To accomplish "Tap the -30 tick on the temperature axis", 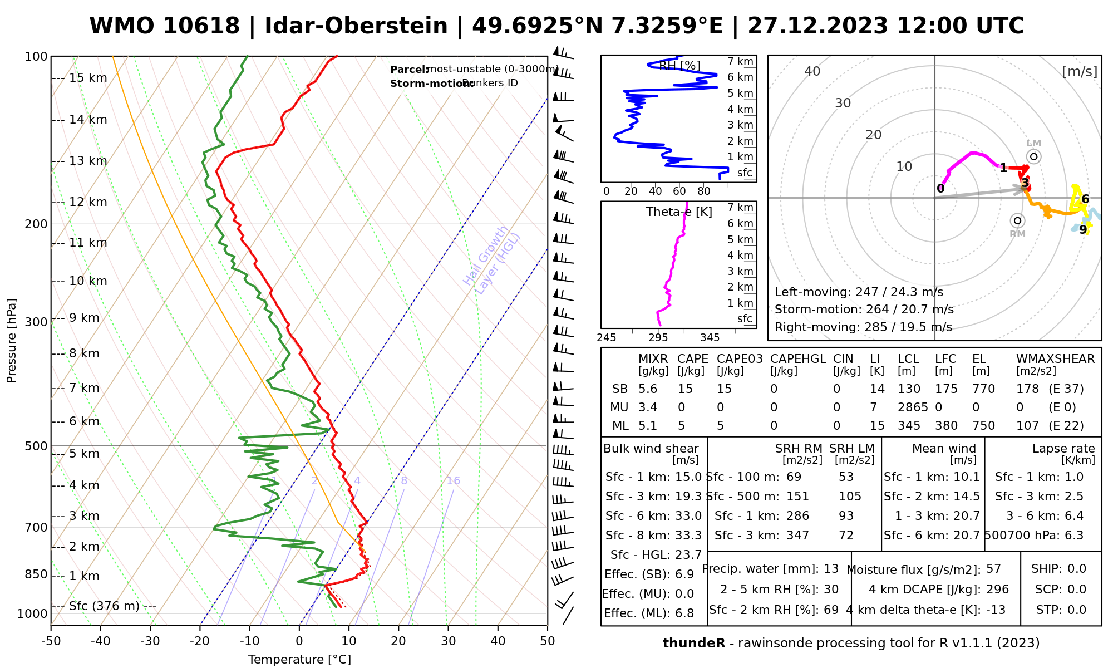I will click(x=150, y=641).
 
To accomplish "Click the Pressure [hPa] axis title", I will click(x=12, y=341).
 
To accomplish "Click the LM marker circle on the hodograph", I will click(x=1033, y=157).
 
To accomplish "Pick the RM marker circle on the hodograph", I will click(x=1017, y=220).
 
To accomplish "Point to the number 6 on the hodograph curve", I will click(x=1085, y=199).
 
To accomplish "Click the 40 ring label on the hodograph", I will click(x=812, y=71).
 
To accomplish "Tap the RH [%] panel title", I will click(x=679, y=66).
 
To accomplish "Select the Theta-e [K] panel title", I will click(x=679, y=212).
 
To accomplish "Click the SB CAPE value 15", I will click(x=685, y=389).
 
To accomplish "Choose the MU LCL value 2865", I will click(x=913, y=407).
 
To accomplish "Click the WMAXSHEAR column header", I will click(x=1055, y=359).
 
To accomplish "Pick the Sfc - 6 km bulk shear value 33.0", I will click(x=688, y=516).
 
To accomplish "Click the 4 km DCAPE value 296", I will click(x=997, y=590).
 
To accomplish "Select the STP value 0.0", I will click(x=1076, y=610).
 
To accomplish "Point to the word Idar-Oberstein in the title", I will click(x=356, y=26).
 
